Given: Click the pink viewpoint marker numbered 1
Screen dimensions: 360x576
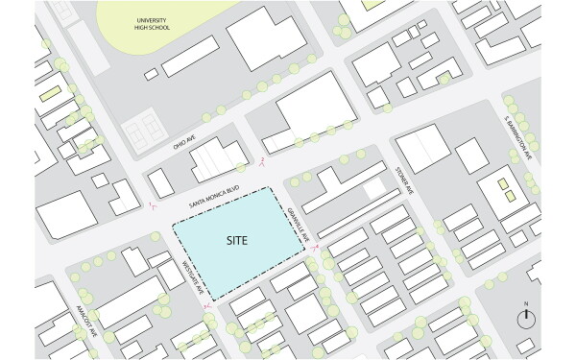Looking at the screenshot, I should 152,205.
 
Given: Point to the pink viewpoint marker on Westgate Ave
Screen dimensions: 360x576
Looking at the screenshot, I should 204,304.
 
